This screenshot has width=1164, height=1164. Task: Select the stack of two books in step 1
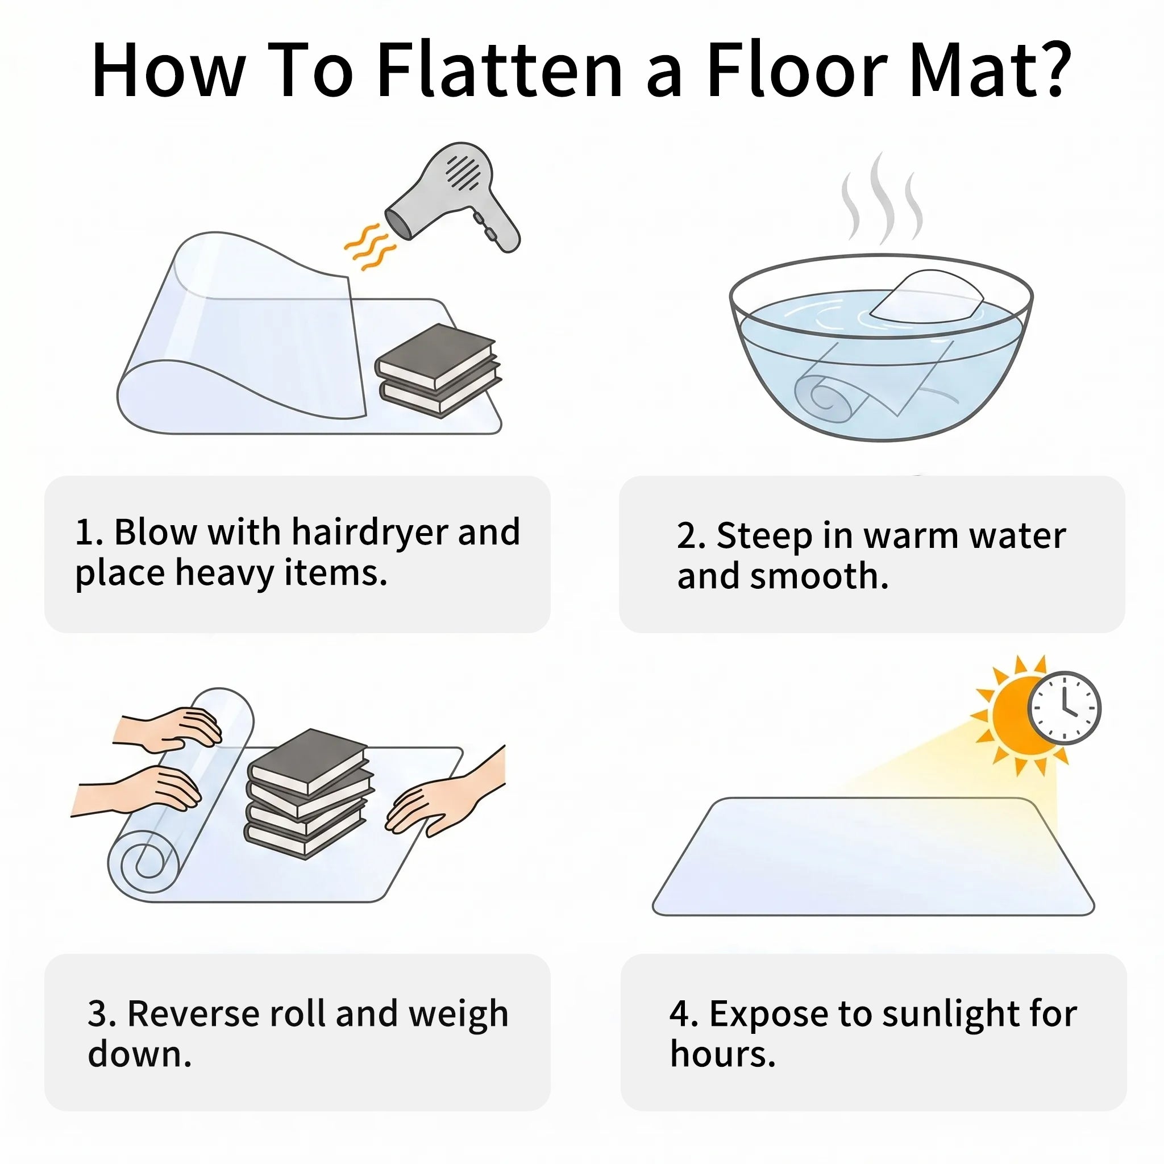(x=438, y=371)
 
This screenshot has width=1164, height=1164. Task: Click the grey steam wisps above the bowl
(x=884, y=199)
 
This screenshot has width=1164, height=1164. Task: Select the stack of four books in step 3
(x=308, y=793)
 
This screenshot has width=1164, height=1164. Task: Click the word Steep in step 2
(x=763, y=536)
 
